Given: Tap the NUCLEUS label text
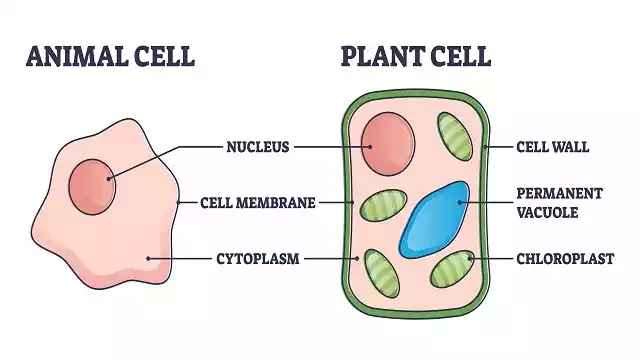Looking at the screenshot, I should pos(257,147).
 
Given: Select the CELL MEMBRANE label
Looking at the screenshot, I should pos(257,202).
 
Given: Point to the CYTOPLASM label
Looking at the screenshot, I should pos(258,258).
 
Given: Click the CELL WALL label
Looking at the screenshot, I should pos(552,147).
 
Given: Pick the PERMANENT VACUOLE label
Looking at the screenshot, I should pos(559,202).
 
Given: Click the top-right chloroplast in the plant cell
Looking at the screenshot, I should pos(454,139).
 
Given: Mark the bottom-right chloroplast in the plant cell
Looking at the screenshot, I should pos(453,268).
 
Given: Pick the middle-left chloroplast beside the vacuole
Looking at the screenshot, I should pos(380,206).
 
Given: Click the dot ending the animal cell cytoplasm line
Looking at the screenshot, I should pos(149,258).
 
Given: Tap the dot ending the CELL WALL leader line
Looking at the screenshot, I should pos(485,147).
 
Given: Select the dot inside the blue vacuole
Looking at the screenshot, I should pos(460,202).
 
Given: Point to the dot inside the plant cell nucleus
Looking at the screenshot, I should pos(369,147).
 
